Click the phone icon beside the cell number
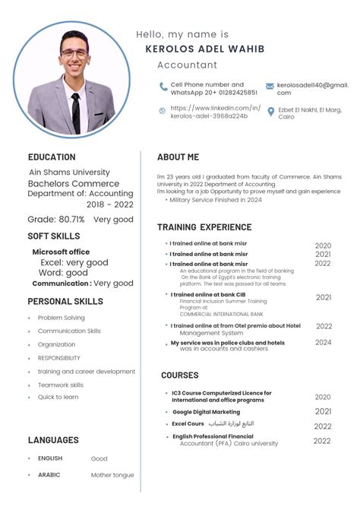pos(163,86)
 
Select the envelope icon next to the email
pos(270,87)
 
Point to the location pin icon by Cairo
pos(270,112)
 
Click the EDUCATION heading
pos(52,157)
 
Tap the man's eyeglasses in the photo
pos(74,53)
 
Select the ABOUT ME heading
pos(178,157)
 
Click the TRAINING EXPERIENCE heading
pos(204,227)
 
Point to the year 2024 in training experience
pos(324,343)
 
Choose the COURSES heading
pos(179,375)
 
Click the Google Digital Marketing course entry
pos(206,412)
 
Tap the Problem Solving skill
pos(62,318)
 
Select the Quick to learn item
pos(58,397)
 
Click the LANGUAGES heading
pos(53,440)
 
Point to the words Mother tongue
pos(112,475)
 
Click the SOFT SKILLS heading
pos(54,236)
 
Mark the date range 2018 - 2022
pos(109,204)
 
